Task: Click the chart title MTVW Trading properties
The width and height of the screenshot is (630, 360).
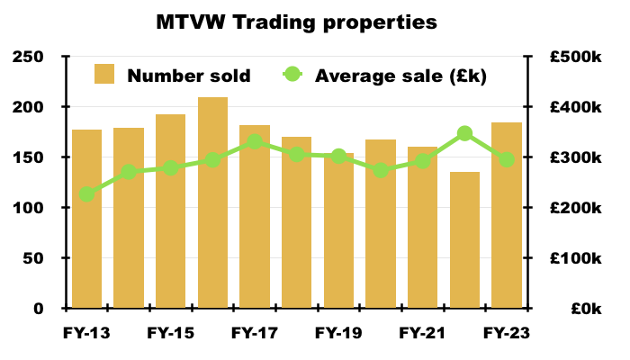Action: [296, 22]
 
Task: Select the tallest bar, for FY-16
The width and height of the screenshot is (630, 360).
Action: [213, 202]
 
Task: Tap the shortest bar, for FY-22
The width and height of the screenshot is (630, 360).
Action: [465, 240]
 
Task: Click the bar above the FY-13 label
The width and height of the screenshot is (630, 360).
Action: [86, 219]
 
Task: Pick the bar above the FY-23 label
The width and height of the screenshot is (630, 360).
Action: [507, 215]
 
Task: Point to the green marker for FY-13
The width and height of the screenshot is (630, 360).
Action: [86, 194]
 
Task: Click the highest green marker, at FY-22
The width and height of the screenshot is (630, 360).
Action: [465, 133]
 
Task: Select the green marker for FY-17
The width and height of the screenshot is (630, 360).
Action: [255, 142]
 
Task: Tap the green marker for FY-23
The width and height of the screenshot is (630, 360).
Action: [507, 159]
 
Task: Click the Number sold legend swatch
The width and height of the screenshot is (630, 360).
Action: [104, 74]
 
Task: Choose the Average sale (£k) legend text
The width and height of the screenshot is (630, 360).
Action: [400, 76]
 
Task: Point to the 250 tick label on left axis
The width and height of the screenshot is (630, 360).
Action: [28, 57]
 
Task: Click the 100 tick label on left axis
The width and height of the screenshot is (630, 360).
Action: [28, 208]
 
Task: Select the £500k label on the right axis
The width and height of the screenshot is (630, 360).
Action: [575, 57]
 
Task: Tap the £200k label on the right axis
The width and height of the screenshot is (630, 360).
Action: [575, 208]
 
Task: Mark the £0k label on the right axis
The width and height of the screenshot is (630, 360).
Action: [586, 309]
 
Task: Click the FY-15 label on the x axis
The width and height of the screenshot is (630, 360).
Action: [171, 333]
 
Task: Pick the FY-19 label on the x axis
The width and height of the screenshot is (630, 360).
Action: [338, 333]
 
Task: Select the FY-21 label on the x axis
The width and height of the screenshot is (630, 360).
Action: [422, 333]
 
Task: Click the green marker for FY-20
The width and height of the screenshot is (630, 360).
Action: [381, 170]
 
